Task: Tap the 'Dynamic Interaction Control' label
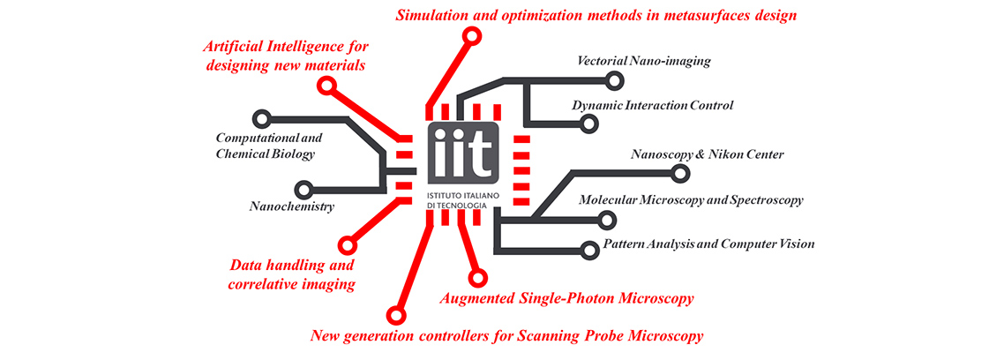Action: [652, 106]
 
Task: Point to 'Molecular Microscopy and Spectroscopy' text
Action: [690, 200]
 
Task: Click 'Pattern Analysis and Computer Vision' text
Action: [708, 244]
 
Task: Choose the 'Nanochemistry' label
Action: [291, 206]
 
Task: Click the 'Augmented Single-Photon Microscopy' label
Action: [566, 298]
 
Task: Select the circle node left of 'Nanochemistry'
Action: [303, 189]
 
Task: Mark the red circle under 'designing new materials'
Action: [327, 86]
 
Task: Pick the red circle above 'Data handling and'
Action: [347, 244]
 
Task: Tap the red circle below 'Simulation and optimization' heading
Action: [472, 36]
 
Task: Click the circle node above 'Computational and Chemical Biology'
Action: [260, 118]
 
